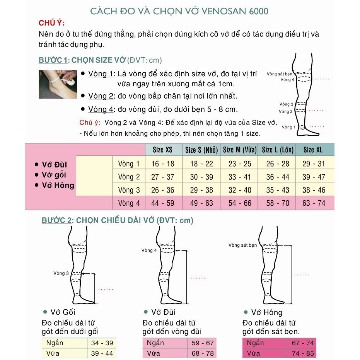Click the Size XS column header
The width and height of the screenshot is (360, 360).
162,150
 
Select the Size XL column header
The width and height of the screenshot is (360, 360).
313,150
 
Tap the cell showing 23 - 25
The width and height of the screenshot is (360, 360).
240,164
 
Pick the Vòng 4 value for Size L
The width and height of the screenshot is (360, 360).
277,203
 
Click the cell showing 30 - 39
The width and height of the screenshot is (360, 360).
201,177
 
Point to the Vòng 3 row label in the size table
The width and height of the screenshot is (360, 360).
129,190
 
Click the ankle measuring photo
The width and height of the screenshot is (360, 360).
58,84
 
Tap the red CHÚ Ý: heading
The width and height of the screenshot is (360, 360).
52,23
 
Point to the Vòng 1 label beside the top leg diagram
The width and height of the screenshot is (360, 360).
288,127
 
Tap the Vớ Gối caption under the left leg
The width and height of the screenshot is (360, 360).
63,312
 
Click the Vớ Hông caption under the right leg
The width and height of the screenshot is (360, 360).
266,312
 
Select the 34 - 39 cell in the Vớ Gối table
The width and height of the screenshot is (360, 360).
102,343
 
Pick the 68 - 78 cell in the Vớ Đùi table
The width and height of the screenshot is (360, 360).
202,353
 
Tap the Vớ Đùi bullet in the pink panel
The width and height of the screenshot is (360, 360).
54,165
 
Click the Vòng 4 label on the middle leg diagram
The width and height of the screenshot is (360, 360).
150,251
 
